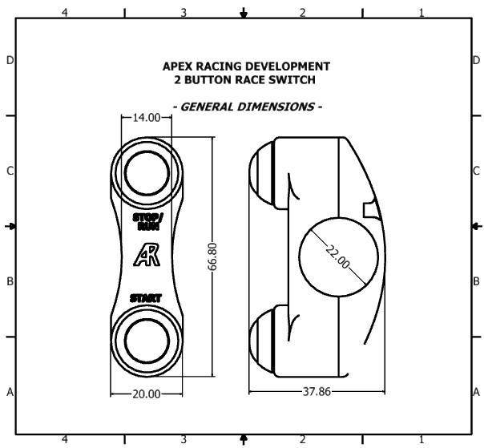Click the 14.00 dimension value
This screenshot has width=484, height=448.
pyautogui.click(x=147, y=118)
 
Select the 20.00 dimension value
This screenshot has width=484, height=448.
pyautogui.click(x=147, y=394)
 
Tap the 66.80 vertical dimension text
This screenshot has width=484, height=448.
pyautogui.click(x=212, y=257)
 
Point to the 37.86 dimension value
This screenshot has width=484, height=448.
pyautogui.click(x=317, y=392)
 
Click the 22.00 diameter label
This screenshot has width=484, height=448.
pyautogui.click(x=338, y=257)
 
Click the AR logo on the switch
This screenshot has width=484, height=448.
pyautogui.click(x=147, y=255)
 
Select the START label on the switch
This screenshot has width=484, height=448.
pyautogui.click(x=146, y=299)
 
